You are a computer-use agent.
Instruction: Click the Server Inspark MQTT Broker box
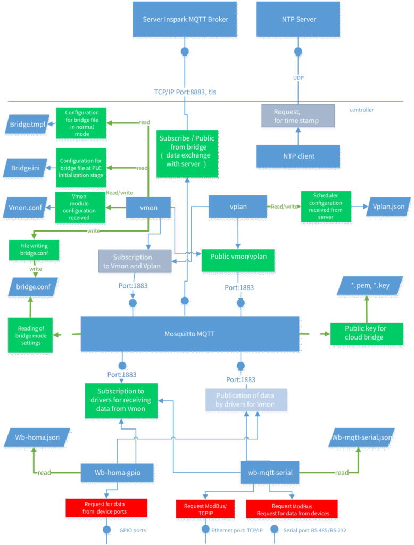point(185,19)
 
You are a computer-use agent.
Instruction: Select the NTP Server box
point(298,19)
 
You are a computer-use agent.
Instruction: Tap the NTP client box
point(298,156)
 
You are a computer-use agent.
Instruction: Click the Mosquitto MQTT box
point(190,334)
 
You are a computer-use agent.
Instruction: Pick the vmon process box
point(148,208)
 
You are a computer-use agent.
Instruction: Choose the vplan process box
point(238,207)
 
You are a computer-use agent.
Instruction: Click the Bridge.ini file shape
point(26,168)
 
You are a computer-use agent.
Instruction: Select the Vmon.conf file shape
point(25,208)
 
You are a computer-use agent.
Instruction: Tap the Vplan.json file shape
point(388,207)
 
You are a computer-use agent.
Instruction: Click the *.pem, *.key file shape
point(370,286)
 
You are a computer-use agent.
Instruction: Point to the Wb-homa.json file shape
point(37,437)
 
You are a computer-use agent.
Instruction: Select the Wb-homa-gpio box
point(117,473)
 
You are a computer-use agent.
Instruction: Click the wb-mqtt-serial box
point(270,473)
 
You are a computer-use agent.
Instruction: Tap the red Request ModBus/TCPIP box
point(205,509)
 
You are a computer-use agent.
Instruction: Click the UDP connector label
point(298,78)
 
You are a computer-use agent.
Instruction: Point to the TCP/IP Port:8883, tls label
point(185,92)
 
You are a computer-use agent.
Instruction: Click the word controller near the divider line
point(361,110)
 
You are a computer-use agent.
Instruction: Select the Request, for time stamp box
point(298,116)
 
